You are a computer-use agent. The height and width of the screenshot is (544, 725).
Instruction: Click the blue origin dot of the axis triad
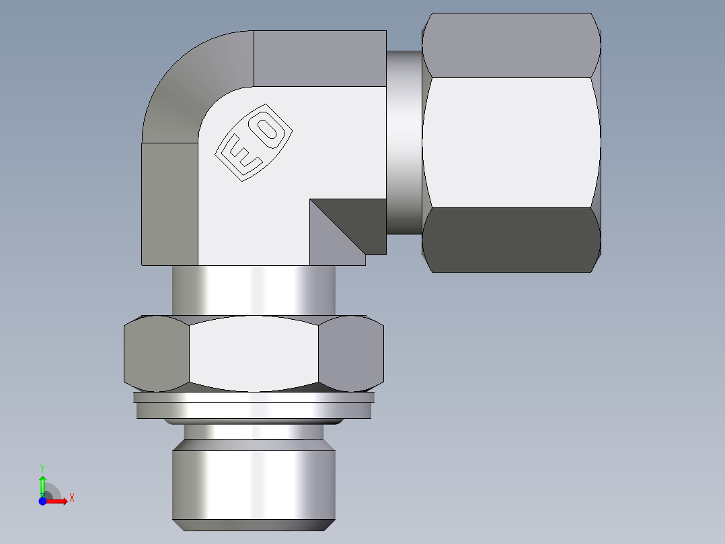pyautogui.click(x=42, y=501)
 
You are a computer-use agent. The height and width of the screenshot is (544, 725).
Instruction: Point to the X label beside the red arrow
pyautogui.click(x=72, y=498)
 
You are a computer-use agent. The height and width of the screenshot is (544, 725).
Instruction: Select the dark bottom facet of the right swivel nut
pyautogui.click(x=511, y=240)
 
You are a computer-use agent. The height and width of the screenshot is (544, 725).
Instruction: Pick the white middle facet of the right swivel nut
pyautogui.click(x=511, y=142)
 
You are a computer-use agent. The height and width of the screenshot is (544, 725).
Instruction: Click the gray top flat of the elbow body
pyautogui.click(x=319, y=58)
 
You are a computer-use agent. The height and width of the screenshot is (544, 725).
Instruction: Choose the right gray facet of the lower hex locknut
pyautogui.click(x=351, y=353)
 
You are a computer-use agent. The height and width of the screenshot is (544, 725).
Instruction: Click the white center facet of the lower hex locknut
pyautogui.click(x=254, y=353)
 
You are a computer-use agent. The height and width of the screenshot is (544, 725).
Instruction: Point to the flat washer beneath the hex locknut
pyautogui.click(x=254, y=407)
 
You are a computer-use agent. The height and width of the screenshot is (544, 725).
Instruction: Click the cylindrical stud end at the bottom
pyautogui.click(x=254, y=485)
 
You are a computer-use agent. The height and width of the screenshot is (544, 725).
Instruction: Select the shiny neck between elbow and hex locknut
pyautogui.click(x=254, y=290)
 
